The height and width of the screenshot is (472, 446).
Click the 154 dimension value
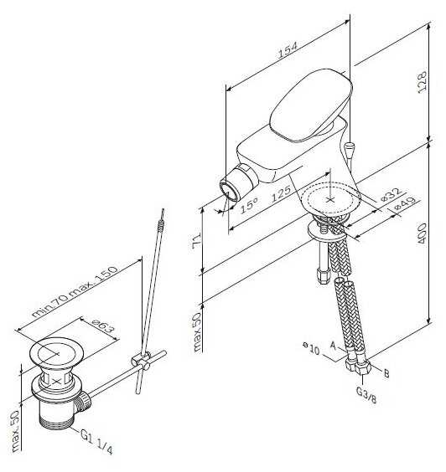[x=288, y=50]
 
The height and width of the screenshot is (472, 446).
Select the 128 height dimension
[x=423, y=82]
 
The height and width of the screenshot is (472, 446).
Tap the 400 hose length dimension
[x=422, y=233]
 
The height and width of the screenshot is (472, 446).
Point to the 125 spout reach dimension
[x=281, y=193]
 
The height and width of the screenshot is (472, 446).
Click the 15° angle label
[x=249, y=206]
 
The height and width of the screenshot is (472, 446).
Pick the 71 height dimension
[x=196, y=242]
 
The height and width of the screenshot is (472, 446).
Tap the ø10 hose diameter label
[x=310, y=349]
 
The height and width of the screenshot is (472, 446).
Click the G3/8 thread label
[x=366, y=395]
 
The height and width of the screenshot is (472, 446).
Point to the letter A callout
[x=333, y=346]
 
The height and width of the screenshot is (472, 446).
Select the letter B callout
[x=386, y=373]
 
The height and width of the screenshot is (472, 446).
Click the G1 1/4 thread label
[x=96, y=441]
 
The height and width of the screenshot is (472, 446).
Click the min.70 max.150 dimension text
[x=75, y=292]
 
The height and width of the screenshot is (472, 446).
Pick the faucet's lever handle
[x=310, y=105]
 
